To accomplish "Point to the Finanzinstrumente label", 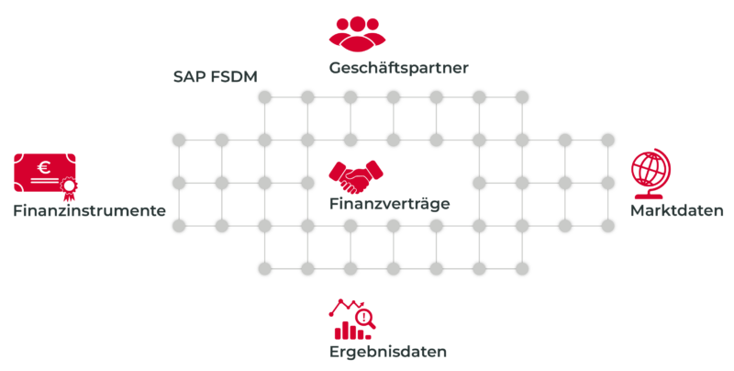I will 89,210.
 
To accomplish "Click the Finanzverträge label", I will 389,203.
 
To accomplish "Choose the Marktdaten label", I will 677,210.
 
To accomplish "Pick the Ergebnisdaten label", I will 388,352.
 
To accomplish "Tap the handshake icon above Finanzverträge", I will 357,174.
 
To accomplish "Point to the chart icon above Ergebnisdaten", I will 352,318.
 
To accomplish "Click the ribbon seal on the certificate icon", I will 67,191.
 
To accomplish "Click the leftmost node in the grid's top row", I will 264,97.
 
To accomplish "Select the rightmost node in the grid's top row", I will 522,97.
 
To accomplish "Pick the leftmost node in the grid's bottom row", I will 264,268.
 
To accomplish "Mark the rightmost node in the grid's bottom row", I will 522,268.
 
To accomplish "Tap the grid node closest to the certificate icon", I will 178,182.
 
